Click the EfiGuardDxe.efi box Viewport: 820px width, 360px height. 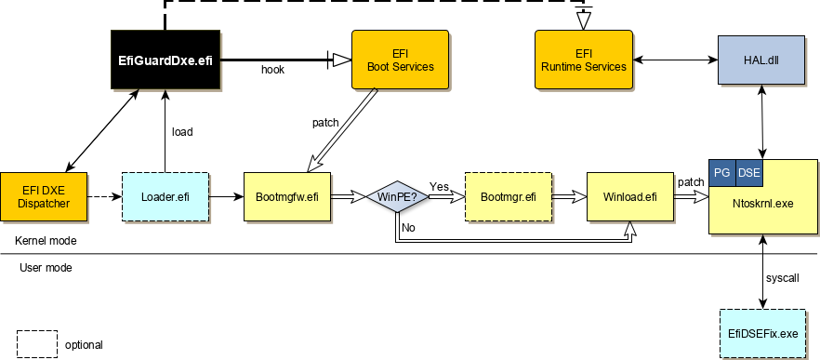click(x=165, y=60)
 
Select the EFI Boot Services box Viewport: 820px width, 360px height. click(x=398, y=60)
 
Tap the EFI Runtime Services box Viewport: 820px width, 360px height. click(x=583, y=60)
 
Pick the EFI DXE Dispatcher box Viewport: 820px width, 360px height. click(x=43, y=196)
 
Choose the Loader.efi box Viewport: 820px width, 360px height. click(x=165, y=196)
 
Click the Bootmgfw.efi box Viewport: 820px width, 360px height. click(x=286, y=196)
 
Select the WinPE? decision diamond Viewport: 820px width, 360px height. click(x=398, y=196)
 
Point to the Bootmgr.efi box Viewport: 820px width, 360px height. click(x=508, y=196)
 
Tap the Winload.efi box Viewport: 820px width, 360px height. click(x=629, y=196)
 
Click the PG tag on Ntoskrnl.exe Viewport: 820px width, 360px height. click(x=721, y=173)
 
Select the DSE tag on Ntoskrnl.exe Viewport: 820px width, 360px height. click(x=748, y=173)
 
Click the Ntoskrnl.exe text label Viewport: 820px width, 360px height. click(x=764, y=203)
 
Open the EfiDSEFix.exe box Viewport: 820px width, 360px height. click(x=762, y=333)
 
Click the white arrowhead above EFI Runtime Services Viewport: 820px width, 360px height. click(x=583, y=20)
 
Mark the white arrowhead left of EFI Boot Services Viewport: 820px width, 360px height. click(x=341, y=60)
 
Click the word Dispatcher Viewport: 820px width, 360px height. click(x=43, y=204)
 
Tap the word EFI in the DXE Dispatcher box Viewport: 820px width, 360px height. click(x=33, y=190)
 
